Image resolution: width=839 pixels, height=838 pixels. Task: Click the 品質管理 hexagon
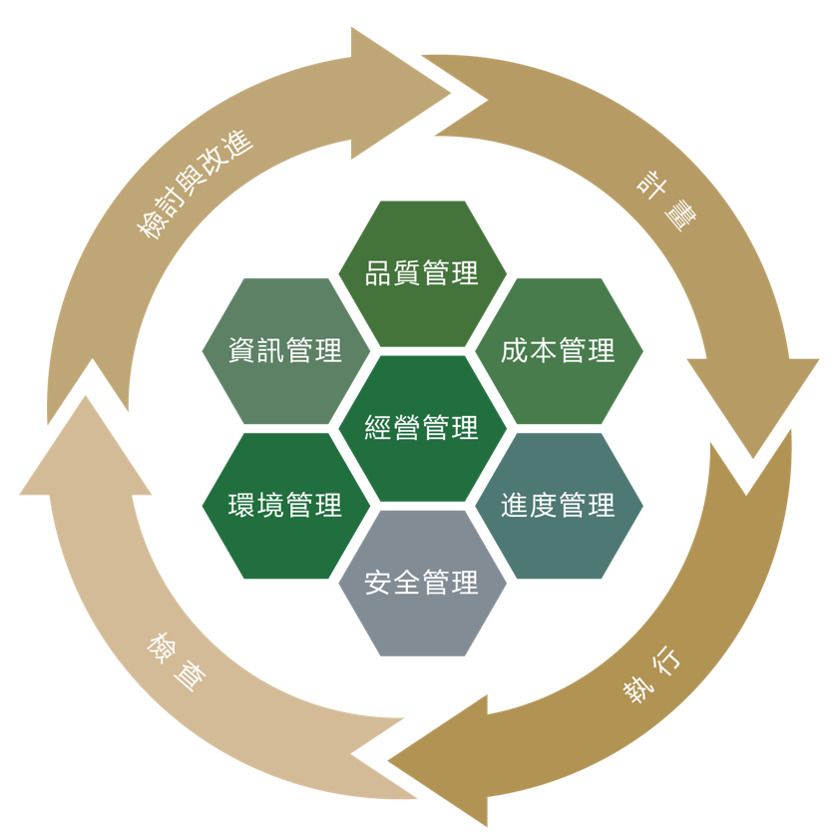tap(422, 273)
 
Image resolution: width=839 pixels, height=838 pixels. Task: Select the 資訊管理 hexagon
tap(285, 350)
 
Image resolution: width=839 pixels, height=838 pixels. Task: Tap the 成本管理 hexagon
tap(559, 350)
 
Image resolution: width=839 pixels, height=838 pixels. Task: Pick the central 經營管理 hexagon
tap(422, 428)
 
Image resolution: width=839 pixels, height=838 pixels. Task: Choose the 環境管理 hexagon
tap(285, 505)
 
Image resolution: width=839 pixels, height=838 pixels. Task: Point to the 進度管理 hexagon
tap(559, 505)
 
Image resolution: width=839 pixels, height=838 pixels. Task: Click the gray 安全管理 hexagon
tap(422, 583)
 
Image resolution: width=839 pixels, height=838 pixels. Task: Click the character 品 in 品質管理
tap(378, 273)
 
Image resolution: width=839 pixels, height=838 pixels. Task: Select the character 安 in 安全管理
tap(378, 583)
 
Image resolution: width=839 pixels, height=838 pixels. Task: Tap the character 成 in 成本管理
tap(515, 350)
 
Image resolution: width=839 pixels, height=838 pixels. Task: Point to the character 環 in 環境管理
tap(241, 505)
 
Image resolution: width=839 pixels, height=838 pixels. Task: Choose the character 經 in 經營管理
tap(378, 428)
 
